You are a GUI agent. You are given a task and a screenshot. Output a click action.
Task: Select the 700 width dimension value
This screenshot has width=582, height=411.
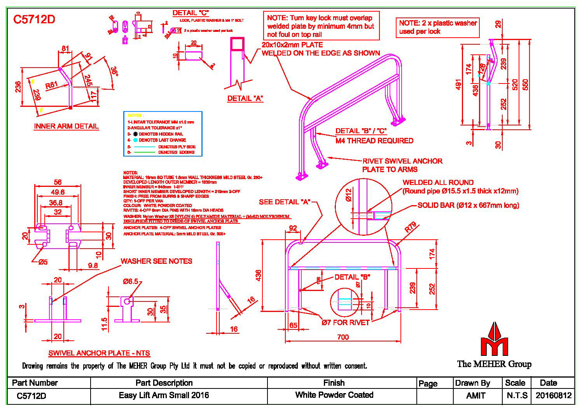click(x=343, y=337)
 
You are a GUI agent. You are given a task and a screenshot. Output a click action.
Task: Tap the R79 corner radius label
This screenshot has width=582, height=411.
click(x=410, y=227)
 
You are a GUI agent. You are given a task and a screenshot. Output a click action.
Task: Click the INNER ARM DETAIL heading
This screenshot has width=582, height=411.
click(x=66, y=126)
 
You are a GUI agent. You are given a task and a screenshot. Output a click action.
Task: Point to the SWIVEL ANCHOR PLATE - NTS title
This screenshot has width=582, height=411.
click(x=99, y=353)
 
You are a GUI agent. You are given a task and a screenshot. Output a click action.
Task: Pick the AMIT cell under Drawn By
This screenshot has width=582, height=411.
click(x=475, y=395)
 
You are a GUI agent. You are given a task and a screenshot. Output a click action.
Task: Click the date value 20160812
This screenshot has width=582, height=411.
click(x=554, y=395)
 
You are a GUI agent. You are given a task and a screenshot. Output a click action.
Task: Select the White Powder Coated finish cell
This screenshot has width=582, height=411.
click(x=334, y=395)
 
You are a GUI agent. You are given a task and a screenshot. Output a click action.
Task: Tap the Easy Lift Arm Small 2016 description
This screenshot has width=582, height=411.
click(x=164, y=395)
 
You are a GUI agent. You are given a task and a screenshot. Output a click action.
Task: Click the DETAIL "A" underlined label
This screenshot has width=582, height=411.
click(x=245, y=99)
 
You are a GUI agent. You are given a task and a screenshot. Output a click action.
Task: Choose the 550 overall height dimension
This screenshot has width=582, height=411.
click(x=525, y=84)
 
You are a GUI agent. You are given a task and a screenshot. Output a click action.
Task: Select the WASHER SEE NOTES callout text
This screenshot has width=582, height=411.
click(x=156, y=261)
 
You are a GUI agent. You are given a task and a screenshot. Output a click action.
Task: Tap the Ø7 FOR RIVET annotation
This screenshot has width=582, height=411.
click(x=345, y=322)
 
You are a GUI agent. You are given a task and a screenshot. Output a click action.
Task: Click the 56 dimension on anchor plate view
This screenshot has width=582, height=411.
click(x=58, y=182)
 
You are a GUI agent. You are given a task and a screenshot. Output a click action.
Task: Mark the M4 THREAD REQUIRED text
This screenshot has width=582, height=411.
click(x=374, y=141)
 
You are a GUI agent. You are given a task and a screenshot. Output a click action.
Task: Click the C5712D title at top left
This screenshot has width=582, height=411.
click(x=34, y=20)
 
